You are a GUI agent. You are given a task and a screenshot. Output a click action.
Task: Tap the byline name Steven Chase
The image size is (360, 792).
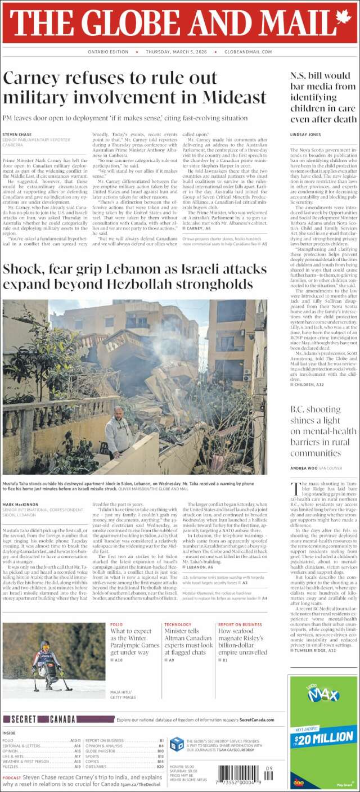pos(17,134)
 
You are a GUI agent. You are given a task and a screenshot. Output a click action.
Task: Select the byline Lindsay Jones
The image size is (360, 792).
pos(305,135)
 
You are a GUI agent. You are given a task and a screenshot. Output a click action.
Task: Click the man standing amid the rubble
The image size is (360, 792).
pos(118,431)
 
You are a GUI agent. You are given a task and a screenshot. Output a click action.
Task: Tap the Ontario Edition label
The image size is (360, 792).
pos(109,52)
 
